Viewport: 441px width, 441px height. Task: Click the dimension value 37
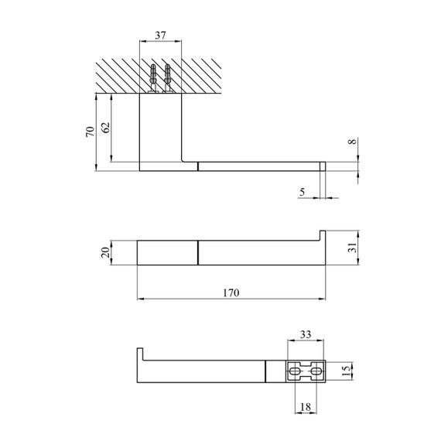(x=160, y=36)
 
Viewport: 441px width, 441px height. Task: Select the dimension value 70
(x=90, y=132)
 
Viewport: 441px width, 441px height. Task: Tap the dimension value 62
(x=105, y=128)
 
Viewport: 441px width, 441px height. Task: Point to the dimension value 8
(x=352, y=141)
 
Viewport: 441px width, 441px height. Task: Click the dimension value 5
(x=302, y=192)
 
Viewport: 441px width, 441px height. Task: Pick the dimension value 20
(x=105, y=252)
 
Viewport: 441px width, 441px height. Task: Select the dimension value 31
(x=352, y=247)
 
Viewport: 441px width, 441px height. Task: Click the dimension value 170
(x=231, y=292)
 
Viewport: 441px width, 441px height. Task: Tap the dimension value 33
(x=306, y=334)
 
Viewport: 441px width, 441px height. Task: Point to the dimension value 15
(x=347, y=371)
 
